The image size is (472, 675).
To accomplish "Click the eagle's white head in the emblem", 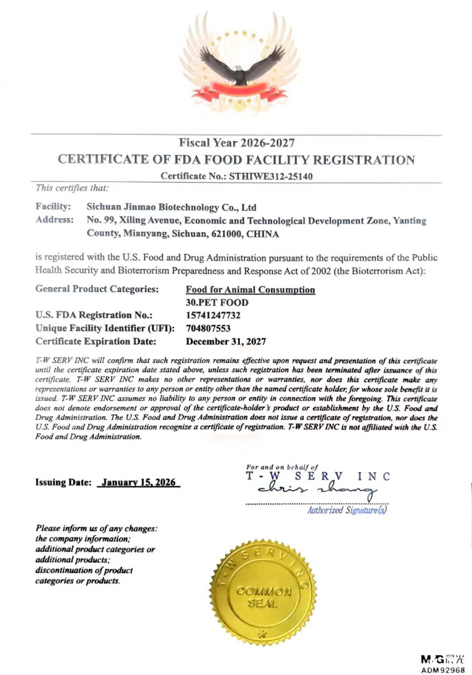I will coord(239,69).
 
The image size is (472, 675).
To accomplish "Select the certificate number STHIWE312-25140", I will coord(271,176).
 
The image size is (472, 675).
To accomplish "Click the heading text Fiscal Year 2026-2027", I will coord(237,143).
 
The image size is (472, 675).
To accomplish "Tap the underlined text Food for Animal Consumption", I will coord(250,290).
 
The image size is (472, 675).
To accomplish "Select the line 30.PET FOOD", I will coord(217,303).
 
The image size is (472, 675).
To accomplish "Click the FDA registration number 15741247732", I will coord(213,316).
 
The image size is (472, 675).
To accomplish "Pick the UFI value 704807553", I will coord(208,328).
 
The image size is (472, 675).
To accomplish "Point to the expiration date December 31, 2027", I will coord(226,342).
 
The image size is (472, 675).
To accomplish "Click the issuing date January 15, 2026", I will coord(139,483).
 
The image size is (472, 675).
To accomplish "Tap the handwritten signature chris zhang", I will coord(317,490).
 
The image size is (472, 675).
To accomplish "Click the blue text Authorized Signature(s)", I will coord(347,510).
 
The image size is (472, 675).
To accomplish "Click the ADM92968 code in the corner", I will coord(443,669).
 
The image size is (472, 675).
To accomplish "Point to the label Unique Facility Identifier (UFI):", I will coord(105,328).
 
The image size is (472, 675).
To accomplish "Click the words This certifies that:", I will coord(72,188).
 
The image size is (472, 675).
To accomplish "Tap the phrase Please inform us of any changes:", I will coord(96,529).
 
